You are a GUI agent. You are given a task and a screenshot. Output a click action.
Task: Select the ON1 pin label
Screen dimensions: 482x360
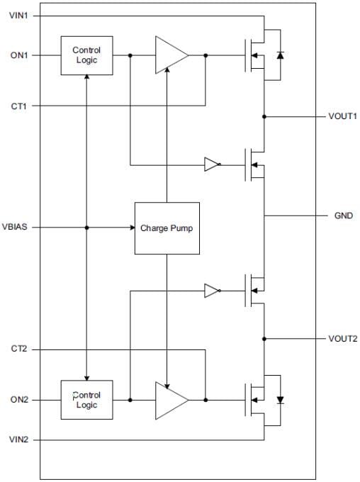20,55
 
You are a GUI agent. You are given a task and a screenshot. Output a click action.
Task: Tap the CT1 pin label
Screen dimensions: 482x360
20,106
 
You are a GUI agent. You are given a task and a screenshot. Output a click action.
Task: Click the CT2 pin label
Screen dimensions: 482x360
20,349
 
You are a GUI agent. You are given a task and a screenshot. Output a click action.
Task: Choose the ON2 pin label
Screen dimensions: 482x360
20,400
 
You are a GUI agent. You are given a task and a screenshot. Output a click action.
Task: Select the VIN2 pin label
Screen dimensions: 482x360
20,440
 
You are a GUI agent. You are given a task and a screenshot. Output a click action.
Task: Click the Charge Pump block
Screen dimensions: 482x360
167,228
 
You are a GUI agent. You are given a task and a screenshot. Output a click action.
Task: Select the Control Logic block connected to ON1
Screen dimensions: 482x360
86,55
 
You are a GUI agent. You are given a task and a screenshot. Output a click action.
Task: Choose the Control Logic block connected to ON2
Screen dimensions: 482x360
86,400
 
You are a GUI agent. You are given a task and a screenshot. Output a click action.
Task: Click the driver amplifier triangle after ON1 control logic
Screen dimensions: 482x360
171,55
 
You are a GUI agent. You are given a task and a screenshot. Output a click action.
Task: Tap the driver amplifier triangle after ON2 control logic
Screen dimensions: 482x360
171,400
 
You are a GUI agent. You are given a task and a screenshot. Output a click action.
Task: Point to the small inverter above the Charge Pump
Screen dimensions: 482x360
212,164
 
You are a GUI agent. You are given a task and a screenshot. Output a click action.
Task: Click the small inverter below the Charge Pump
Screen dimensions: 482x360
212,290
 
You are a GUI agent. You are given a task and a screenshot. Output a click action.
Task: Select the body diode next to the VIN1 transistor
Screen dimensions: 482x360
280,55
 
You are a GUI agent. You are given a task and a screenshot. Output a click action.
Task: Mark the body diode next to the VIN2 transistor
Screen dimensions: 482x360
280,400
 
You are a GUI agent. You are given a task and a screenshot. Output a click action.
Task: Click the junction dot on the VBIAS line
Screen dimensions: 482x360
86,228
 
